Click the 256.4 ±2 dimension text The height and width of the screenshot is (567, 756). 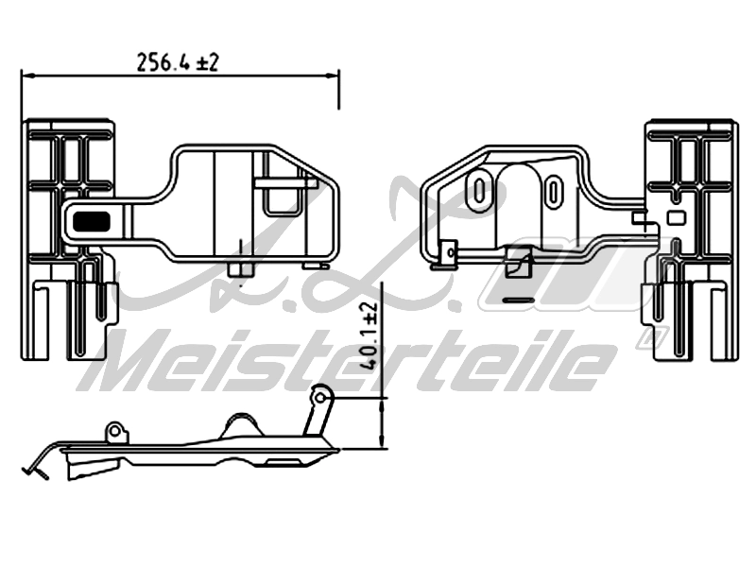[178, 62]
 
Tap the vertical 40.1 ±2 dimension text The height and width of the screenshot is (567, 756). [368, 334]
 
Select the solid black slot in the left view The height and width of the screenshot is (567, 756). [91, 221]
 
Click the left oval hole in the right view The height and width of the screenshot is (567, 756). [480, 189]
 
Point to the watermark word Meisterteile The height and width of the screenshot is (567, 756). [350, 362]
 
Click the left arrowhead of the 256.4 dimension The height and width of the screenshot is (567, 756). [26, 76]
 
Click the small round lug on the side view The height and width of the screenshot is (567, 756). [116, 432]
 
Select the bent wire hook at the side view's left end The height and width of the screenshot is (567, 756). [36, 467]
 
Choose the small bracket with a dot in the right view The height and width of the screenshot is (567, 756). [449, 251]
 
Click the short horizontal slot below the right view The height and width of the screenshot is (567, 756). [519, 301]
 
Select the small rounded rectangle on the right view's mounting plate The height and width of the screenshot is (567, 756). [675, 216]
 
